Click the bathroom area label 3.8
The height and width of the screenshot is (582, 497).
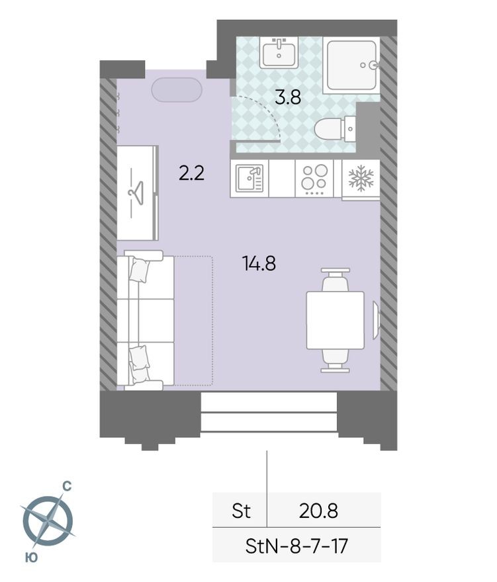pos(288,98)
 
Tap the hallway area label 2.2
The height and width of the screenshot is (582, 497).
pos(191,173)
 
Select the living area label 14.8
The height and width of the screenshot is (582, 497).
pos(259,263)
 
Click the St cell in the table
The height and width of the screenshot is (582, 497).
pos(241,511)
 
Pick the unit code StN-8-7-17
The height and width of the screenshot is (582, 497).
pos(296,546)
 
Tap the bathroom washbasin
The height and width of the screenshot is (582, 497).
pos(279,52)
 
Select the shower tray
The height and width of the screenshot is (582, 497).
pos(351,65)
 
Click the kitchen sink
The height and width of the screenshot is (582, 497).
pos(249,179)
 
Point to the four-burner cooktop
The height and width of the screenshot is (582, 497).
pos(314,179)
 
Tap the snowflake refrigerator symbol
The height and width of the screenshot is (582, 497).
pos(361,178)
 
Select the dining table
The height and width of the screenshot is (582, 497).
pos(335,320)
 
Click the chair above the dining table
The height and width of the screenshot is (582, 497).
pos(335,280)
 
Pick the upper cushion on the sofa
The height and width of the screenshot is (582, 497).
pos(140,270)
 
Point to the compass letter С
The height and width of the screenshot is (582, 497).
pos(67,487)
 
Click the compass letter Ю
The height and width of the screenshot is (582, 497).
pos(30,558)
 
